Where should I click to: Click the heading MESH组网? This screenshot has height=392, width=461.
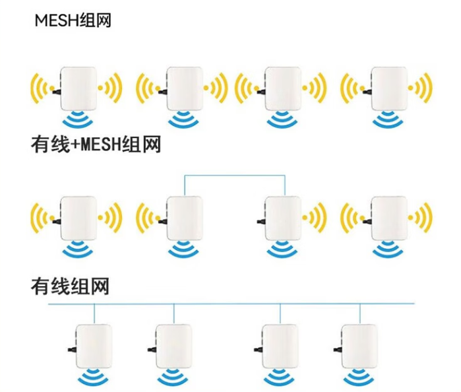(73, 20)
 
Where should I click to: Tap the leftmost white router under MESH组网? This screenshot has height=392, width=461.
(78, 88)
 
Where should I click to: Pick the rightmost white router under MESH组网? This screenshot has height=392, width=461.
(388, 88)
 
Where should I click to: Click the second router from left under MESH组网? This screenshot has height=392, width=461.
(183, 88)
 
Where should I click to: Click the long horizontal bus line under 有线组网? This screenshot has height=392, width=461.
(231, 304)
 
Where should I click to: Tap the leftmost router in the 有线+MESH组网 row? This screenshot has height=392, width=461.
(78, 218)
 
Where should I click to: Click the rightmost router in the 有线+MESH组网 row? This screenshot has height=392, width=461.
(388, 218)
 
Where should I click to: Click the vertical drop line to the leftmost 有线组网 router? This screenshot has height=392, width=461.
(94, 313)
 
